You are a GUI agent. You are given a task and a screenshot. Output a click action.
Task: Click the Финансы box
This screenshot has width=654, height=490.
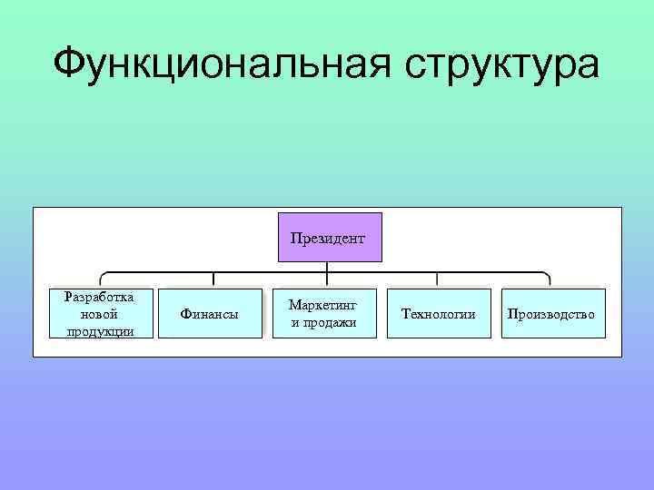pyautogui.click(x=210, y=314)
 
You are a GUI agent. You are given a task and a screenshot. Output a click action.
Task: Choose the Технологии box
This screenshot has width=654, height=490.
pyautogui.click(x=439, y=314)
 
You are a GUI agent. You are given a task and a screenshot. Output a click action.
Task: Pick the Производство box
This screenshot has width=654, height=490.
pyautogui.click(x=552, y=314)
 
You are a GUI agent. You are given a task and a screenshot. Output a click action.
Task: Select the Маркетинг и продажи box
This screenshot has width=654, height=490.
pyautogui.click(x=323, y=314)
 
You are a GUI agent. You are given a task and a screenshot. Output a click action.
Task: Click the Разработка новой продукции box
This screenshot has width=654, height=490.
pyautogui.click(x=101, y=314)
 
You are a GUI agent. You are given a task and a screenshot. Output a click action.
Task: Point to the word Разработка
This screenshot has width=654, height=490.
pyautogui.click(x=101, y=297)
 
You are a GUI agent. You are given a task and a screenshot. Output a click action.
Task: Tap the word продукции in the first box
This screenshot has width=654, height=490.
pyautogui.click(x=101, y=330)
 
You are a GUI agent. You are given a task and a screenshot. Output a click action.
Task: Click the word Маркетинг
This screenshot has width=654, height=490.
pyautogui.click(x=323, y=306)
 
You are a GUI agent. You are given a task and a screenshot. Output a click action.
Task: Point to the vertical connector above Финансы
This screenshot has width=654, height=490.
pyautogui.click(x=213, y=280)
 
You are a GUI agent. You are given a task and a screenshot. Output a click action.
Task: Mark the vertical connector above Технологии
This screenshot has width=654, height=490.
pyautogui.click(x=438, y=280)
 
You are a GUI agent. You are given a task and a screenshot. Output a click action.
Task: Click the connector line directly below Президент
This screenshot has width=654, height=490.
pyautogui.click(x=327, y=267)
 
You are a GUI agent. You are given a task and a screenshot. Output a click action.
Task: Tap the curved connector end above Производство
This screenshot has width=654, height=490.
pyautogui.click(x=548, y=277)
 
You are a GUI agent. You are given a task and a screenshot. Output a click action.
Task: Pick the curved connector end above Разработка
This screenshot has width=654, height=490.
pyautogui.click(x=102, y=277)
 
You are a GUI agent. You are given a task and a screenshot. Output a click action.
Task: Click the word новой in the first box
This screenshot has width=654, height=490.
pyautogui.click(x=100, y=314)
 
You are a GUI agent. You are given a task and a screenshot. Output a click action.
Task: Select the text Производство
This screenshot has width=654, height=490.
pyautogui.click(x=552, y=314)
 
